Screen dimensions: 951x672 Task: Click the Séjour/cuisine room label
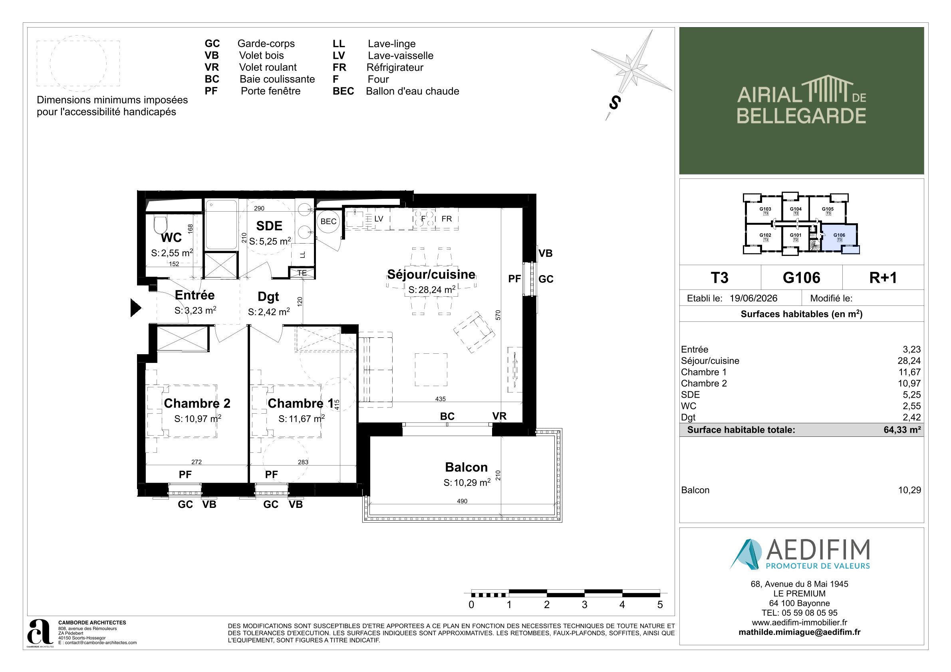coord(431,275)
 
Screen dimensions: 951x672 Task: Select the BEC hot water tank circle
coord(328,222)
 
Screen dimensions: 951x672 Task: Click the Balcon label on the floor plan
coord(467,467)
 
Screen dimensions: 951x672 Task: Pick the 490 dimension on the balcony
coord(462,501)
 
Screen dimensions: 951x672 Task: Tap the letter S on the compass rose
coord(615,102)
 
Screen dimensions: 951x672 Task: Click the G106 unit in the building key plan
coord(839,237)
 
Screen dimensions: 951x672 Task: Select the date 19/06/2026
coord(753,298)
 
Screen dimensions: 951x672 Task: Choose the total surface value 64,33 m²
coord(902,430)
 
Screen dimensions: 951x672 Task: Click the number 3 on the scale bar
coord(584,605)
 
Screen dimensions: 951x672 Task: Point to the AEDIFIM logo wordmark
coord(818,549)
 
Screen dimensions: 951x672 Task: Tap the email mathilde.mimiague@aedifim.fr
coord(799,632)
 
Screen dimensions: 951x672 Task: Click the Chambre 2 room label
coord(197,403)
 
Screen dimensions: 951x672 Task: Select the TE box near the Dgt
coord(302,273)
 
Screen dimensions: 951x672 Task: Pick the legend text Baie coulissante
coord(277,79)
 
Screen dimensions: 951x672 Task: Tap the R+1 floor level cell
coord(883,278)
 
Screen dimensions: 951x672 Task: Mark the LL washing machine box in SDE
coord(302,254)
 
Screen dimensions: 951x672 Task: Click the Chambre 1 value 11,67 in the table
coord(909,372)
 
